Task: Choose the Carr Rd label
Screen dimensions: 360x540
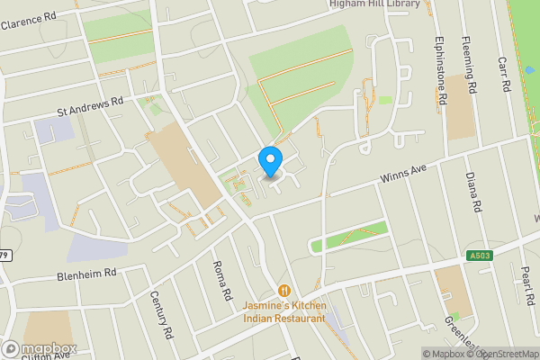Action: click(504, 74)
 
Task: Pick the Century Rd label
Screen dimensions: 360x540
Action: click(161, 314)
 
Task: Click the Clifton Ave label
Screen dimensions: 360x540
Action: click(47, 355)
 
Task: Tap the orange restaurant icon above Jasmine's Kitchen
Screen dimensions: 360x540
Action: click(283, 290)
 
